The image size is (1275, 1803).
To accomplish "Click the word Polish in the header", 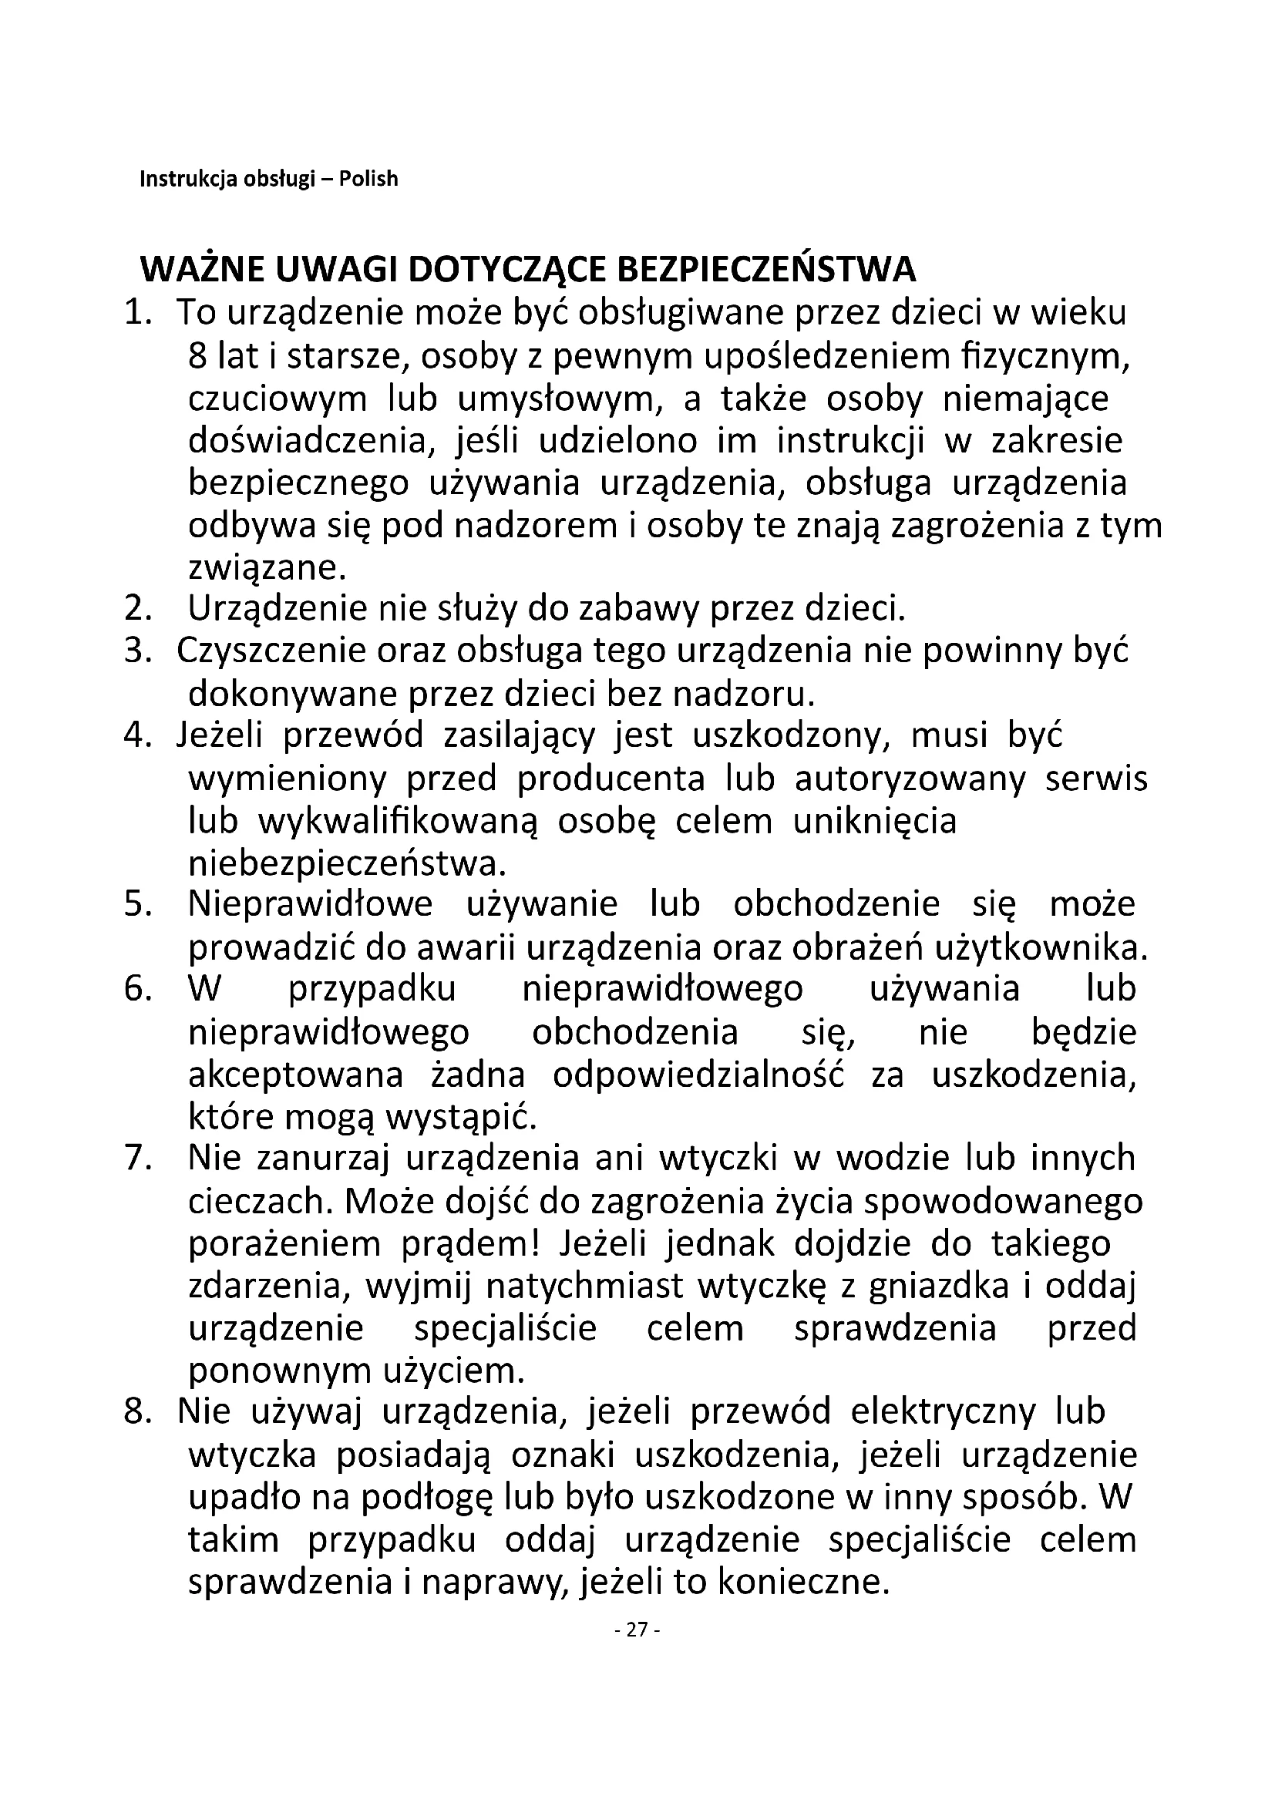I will (x=368, y=179).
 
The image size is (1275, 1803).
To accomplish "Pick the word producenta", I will (x=612, y=779).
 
